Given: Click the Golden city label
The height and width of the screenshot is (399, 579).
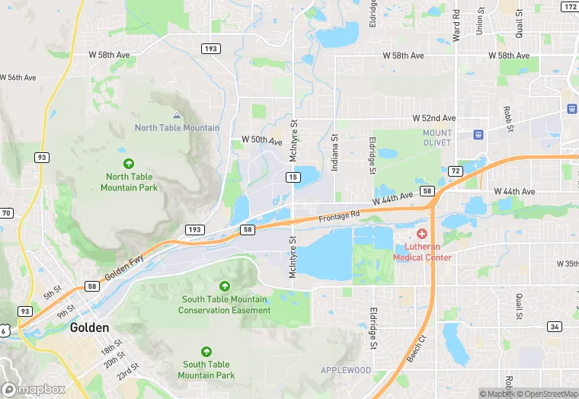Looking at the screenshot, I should (x=89, y=328).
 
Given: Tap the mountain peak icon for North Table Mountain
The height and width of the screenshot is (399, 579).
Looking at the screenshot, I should (x=178, y=115).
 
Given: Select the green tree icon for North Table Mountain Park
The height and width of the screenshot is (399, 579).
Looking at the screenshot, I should (x=129, y=163).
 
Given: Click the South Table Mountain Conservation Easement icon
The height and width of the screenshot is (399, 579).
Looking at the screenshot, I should (x=224, y=286).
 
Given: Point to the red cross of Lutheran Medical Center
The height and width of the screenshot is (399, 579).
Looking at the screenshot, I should (x=422, y=233).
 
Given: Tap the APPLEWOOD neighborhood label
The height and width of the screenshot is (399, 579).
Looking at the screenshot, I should (x=345, y=370).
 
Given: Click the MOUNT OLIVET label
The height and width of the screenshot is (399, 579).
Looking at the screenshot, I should (x=437, y=138).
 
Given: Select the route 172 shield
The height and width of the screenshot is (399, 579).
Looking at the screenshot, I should (x=570, y=7).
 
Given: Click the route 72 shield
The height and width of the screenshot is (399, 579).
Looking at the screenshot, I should (x=455, y=170).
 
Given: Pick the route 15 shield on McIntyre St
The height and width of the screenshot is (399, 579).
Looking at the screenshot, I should (x=293, y=177).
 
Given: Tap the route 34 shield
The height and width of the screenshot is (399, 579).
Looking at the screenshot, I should (x=555, y=327).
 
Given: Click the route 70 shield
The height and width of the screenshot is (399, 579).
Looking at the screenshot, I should (x=7, y=213).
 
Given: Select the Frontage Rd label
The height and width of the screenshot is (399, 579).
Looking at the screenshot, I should (x=339, y=217).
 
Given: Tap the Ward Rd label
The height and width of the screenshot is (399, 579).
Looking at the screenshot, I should (x=456, y=25).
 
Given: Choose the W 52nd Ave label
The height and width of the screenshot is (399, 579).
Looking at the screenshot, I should (x=433, y=118).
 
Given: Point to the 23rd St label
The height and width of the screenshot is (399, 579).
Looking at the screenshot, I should (x=129, y=368).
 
